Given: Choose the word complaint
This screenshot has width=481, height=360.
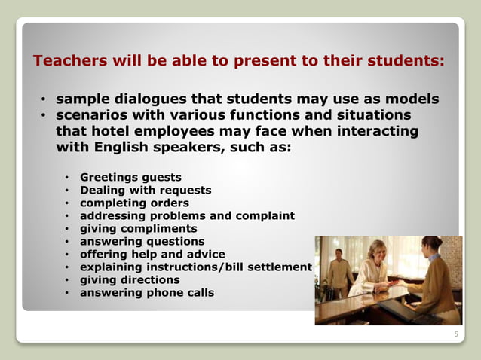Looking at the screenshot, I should click(x=265, y=216).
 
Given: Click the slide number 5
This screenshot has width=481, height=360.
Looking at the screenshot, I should click(x=455, y=335).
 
